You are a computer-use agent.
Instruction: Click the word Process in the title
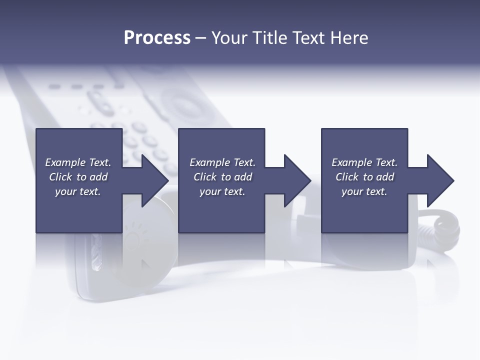157,38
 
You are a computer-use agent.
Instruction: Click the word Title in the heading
269,38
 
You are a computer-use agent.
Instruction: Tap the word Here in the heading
348,38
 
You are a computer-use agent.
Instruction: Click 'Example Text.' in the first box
78,162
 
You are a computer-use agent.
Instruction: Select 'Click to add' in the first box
78,177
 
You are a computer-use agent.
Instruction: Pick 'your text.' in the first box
78,191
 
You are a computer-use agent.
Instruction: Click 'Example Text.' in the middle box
222,162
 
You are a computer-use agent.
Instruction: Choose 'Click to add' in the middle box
222,177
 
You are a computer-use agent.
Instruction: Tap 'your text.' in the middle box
222,191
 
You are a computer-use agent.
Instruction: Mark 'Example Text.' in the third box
364,162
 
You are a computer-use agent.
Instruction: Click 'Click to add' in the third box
364,177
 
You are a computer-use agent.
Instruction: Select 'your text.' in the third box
364,191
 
